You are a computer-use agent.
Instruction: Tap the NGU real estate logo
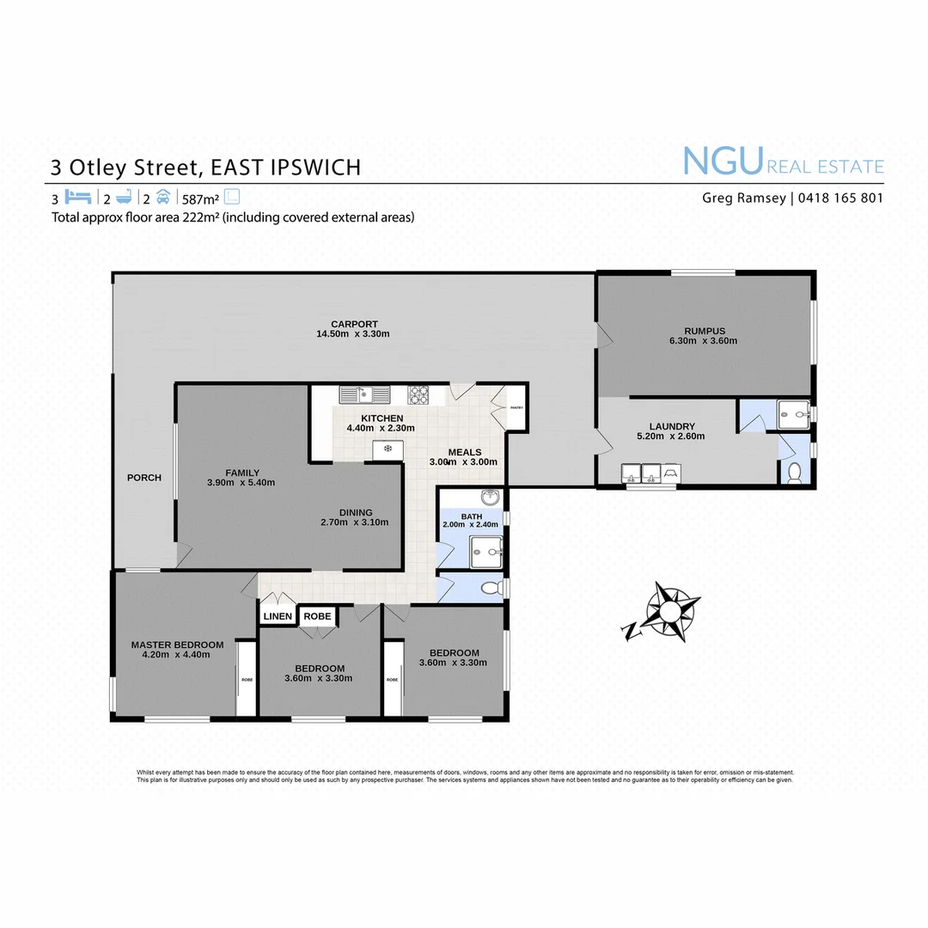point(782,162)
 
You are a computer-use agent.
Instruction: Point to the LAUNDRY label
point(672,426)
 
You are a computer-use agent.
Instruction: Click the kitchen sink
point(364,395)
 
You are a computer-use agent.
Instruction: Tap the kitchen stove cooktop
point(418,395)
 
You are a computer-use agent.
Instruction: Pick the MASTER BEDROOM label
point(177,644)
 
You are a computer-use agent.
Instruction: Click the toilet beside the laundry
point(795,471)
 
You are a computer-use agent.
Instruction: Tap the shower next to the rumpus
point(794,414)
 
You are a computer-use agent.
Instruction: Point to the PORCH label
point(143,478)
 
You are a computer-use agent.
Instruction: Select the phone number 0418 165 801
point(840,198)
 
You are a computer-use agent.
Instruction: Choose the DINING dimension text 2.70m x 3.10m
point(354,522)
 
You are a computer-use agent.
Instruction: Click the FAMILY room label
point(242,473)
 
